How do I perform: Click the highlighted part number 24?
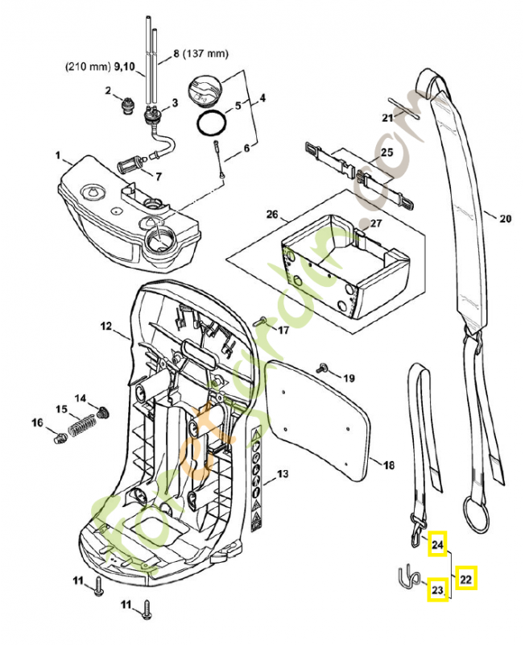[x=437, y=545]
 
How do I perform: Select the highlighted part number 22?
[x=466, y=578]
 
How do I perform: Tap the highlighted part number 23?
[x=437, y=591]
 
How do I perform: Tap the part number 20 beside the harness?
[x=505, y=218]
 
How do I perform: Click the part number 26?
[x=271, y=214]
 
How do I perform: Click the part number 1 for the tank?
[x=57, y=153]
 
